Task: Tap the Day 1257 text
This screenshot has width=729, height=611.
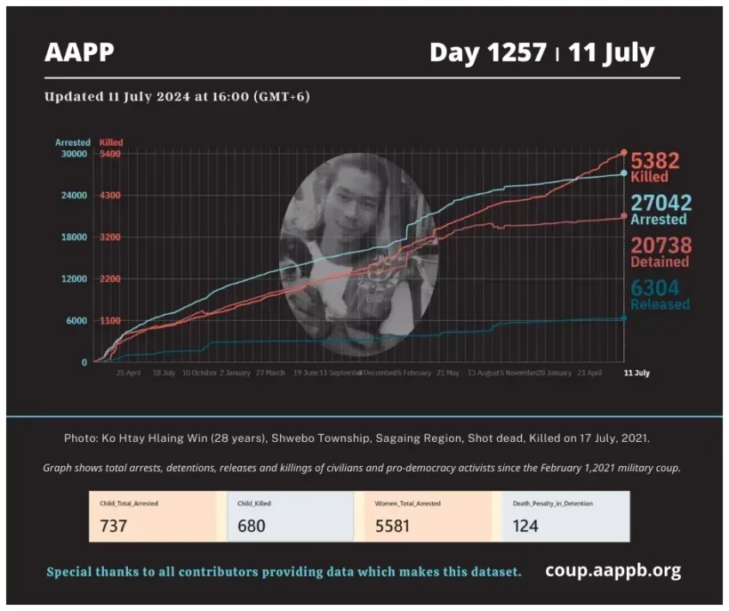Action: click(x=487, y=53)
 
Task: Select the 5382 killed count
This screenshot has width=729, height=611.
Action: click(x=655, y=161)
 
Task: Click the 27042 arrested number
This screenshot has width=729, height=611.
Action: click(x=661, y=203)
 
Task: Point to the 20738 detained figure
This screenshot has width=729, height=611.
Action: click(x=661, y=245)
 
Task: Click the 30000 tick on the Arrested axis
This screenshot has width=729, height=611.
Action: click(x=73, y=154)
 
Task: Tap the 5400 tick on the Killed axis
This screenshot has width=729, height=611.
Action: click(x=110, y=154)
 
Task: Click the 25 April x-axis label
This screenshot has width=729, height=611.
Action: click(x=128, y=374)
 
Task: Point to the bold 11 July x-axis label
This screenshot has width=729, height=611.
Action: click(x=636, y=374)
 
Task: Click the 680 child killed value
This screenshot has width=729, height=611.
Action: click(x=252, y=526)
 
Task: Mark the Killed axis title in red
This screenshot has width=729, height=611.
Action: click(x=111, y=142)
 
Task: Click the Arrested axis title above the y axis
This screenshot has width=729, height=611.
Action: click(x=73, y=142)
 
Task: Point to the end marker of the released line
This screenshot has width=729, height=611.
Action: click(x=624, y=318)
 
